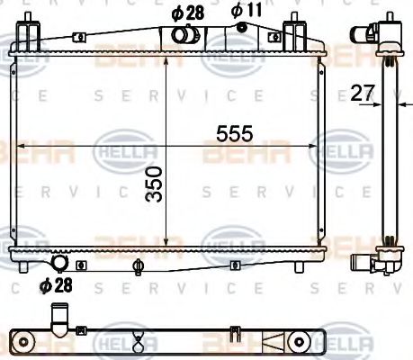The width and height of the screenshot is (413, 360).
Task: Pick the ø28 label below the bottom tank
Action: [x=56, y=285]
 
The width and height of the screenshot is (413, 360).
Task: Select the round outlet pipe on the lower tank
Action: [x=60, y=264]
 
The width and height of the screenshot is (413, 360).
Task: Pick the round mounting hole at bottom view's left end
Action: [x=26, y=340]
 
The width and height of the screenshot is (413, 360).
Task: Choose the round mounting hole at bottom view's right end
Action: [x=296, y=340]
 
